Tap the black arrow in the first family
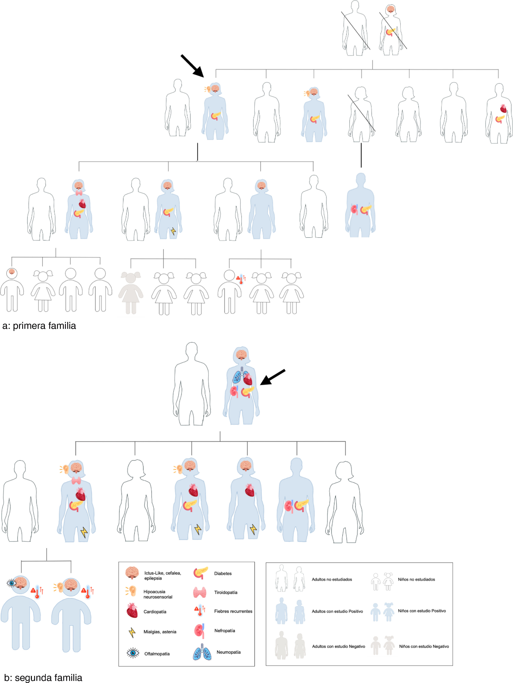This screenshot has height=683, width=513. (192, 66)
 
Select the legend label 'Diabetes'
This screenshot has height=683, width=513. (223, 573)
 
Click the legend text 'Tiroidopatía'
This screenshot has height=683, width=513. (226, 592)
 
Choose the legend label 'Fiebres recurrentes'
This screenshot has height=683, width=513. (233, 611)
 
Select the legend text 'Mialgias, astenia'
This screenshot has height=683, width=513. (160, 632)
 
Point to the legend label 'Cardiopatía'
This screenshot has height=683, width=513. (155, 612)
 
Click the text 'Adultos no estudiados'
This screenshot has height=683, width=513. (332, 579)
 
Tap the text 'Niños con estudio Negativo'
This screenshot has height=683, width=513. (424, 646)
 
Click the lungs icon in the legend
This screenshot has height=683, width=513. (202, 652)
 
